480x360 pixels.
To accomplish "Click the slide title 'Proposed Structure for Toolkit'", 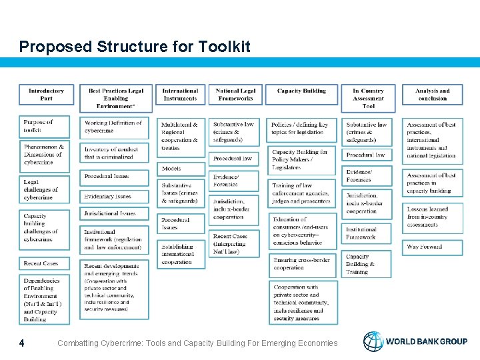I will pos(135,47).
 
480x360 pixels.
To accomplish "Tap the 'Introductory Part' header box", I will pos(46,95).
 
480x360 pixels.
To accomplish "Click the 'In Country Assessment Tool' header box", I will pos(368,98).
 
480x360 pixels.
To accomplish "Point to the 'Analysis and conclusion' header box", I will pos(432,95).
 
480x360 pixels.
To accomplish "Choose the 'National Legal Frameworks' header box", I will pos(235,95).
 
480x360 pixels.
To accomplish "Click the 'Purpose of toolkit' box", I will pos(46,126).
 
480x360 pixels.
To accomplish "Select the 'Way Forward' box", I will pos(431,247).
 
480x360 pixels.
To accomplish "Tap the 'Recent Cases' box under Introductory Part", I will pos(46,263).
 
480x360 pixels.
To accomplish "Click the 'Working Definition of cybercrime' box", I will pos(115,127).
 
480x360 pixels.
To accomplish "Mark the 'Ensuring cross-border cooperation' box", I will pos(302,264).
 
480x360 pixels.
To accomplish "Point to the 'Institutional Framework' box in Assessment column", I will pos(368,233).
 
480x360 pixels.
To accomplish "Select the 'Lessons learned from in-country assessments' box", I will pos(431,217).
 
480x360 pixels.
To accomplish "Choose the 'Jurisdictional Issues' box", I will pos(115,214).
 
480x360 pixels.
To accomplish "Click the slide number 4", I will pos(22,343).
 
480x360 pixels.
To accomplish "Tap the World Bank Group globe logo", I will pos(373,341).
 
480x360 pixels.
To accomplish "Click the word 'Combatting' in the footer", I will pos(79,343).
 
